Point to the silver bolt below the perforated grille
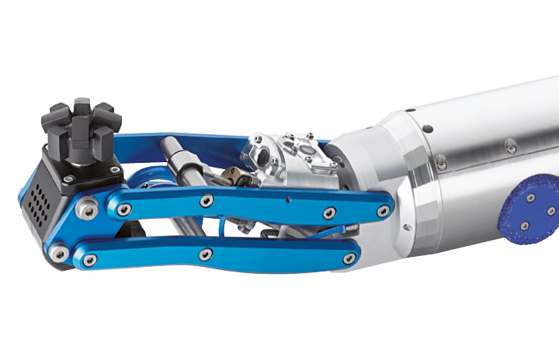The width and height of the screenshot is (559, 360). pyautogui.click(x=57, y=252)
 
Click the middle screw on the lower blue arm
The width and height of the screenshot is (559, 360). pyautogui.click(x=205, y=253)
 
